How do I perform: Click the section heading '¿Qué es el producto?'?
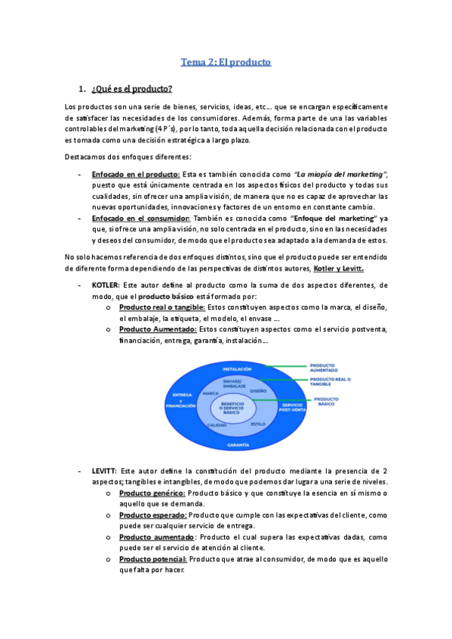[132, 90]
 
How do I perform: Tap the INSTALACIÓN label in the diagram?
[236, 369]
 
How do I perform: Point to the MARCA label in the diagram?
[211, 393]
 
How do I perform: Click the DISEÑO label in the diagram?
[258, 392]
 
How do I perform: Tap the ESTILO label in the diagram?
[258, 424]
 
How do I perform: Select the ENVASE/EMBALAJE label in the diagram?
[235, 384]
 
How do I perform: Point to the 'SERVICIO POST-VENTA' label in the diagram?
[293, 408]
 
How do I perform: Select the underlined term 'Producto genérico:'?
[152, 493]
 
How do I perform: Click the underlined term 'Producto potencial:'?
[152, 559]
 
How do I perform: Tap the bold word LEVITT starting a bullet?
[104, 470]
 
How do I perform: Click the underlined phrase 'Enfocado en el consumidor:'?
[140, 217]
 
